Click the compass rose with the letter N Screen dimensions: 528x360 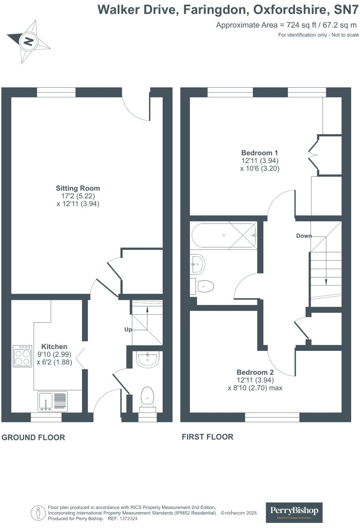[28, 41]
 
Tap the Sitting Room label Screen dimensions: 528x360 [78, 188]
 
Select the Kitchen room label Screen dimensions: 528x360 [54, 347]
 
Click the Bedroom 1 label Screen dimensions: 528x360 [259, 153]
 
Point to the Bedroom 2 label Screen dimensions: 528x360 [255, 372]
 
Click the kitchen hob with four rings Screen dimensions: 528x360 [22, 356]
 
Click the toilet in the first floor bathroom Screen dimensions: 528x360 [204, 286]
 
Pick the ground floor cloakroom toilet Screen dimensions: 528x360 [147, 396]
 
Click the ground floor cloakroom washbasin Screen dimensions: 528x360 [148, 359]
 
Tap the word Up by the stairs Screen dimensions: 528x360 [128, 329]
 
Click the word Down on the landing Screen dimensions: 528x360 [304, 236]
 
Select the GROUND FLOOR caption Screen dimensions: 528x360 [33, 438]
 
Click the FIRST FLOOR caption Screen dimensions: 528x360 [208, 437]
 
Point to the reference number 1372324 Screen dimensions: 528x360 [127, 519]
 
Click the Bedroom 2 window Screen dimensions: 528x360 [272, 417]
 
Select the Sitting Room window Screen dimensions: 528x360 [56, 92]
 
